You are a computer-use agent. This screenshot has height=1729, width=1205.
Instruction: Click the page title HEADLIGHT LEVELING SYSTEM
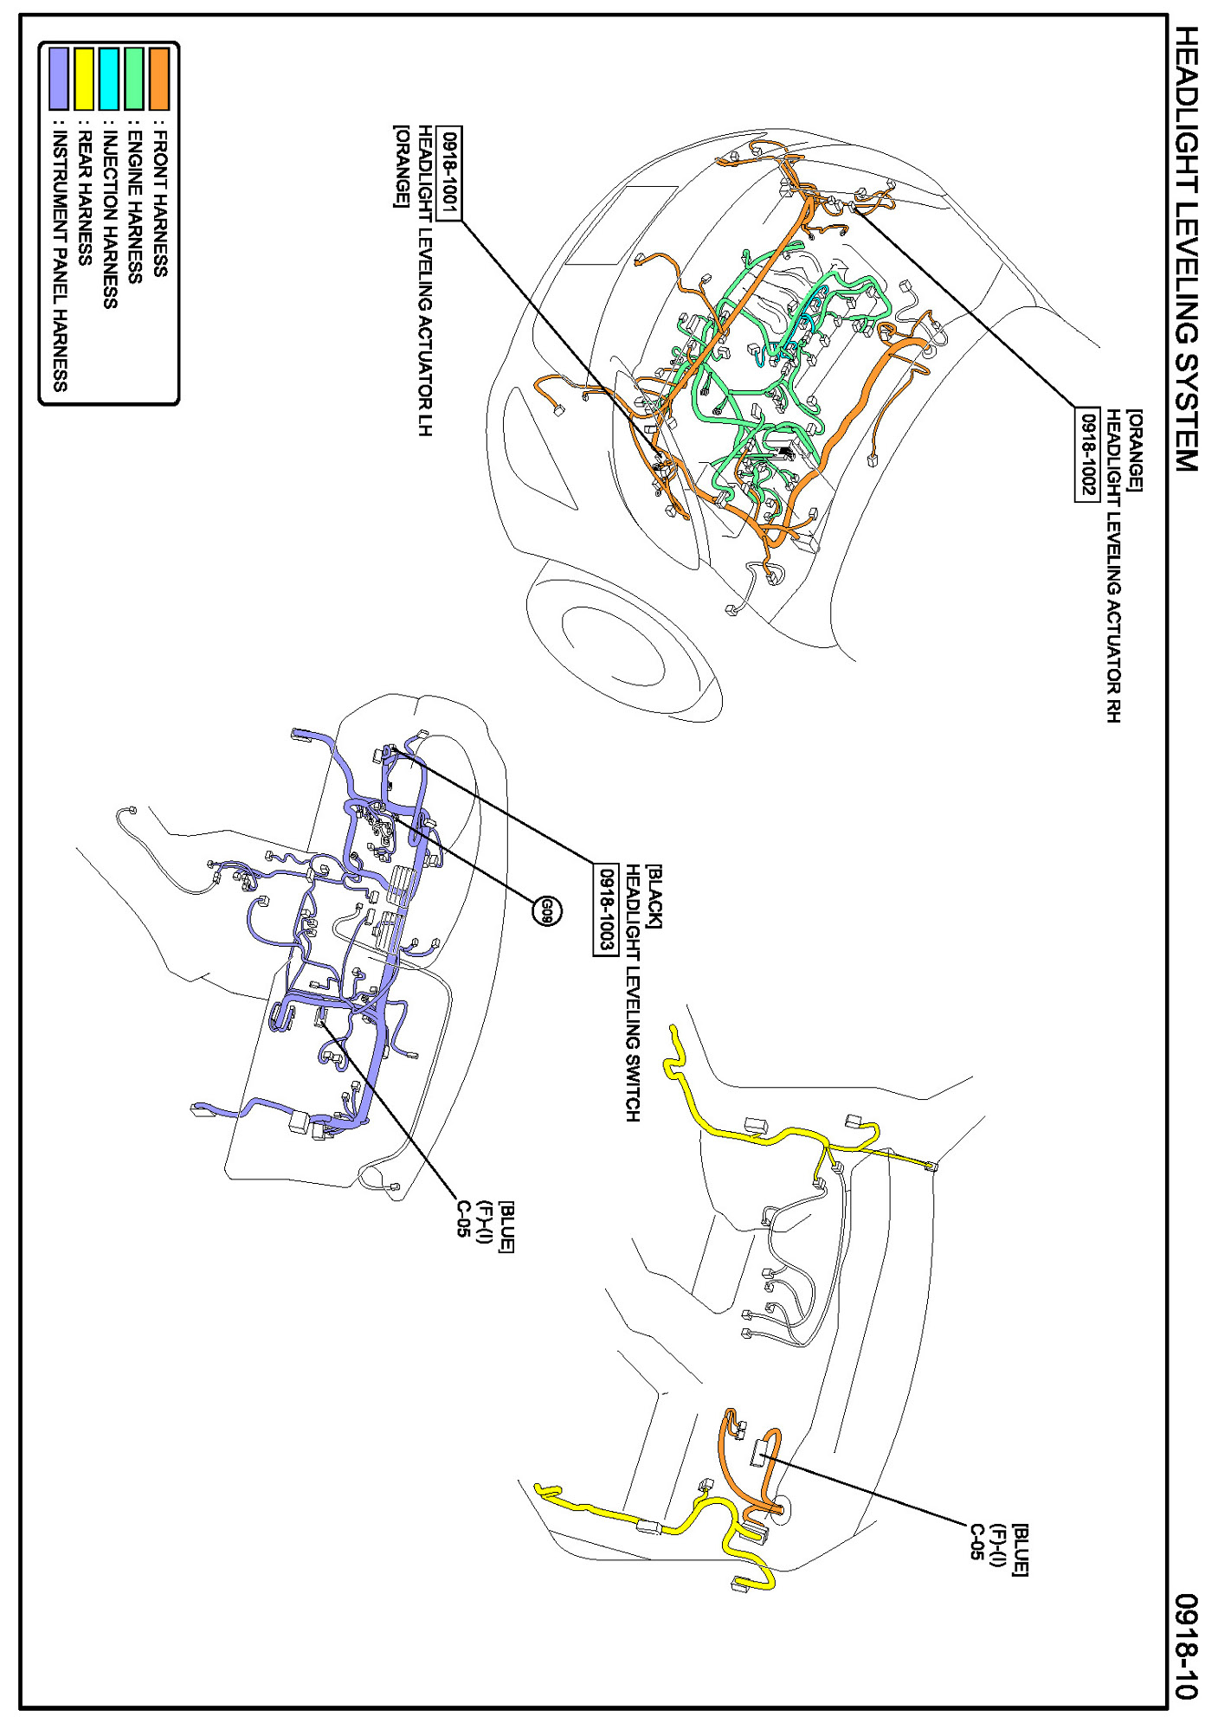click(1184, 248)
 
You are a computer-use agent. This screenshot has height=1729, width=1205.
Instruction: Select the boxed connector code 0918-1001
click(450, 172)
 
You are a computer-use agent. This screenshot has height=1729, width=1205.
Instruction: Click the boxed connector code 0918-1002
click(1086, 453)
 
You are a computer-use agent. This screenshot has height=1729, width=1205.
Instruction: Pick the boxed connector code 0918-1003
click(606, 909)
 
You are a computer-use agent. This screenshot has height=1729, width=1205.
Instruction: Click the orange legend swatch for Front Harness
click(159, 79)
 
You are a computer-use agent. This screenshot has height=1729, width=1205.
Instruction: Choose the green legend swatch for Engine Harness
click(134, 79)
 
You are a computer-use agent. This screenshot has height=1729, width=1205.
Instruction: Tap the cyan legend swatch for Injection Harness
click(109, 79)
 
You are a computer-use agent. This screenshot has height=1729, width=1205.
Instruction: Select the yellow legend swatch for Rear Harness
click(84, 79)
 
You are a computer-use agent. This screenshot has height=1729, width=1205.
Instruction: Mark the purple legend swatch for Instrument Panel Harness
click(59, 79)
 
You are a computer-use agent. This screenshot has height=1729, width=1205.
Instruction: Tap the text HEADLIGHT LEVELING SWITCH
click(633, 993)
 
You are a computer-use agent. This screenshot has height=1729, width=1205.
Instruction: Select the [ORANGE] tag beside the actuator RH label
click(1135, 450)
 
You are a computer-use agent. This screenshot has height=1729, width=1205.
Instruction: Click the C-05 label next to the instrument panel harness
click(463, 1218)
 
